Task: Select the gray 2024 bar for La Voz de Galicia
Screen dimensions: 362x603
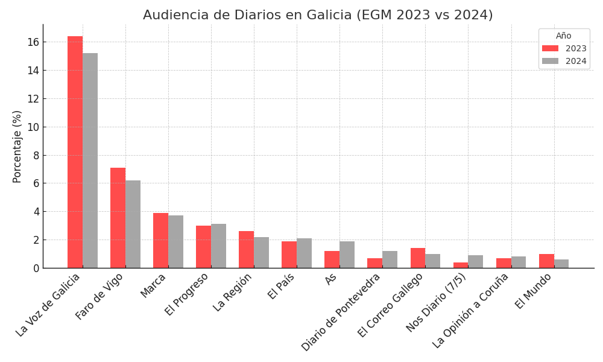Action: click(90, 160)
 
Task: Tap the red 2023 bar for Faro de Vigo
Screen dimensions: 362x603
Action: click(118, 218)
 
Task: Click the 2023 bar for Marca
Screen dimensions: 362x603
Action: click(160, 240)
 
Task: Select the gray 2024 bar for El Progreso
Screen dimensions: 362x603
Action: click(218, 246)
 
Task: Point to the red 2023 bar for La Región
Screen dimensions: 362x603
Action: click(246, 250)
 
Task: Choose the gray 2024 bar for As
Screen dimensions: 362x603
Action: click(347, 255)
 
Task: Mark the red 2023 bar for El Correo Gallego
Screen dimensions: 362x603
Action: click(418, 258)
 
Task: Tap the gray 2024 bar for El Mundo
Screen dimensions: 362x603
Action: click(561, 264)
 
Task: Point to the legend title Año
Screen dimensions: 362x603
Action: click(563, 36)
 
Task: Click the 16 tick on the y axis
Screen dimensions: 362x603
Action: click(33, 42)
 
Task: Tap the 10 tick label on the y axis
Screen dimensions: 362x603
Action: click(33, 127)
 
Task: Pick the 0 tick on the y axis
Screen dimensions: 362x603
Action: click(36, 268)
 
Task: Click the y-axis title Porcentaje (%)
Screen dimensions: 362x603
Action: click(17, 147)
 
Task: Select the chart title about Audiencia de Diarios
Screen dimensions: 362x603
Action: click(318, 16)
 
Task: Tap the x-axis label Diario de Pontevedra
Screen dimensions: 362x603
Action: click(342, 311)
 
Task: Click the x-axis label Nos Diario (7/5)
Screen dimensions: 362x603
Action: click(437, 302)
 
